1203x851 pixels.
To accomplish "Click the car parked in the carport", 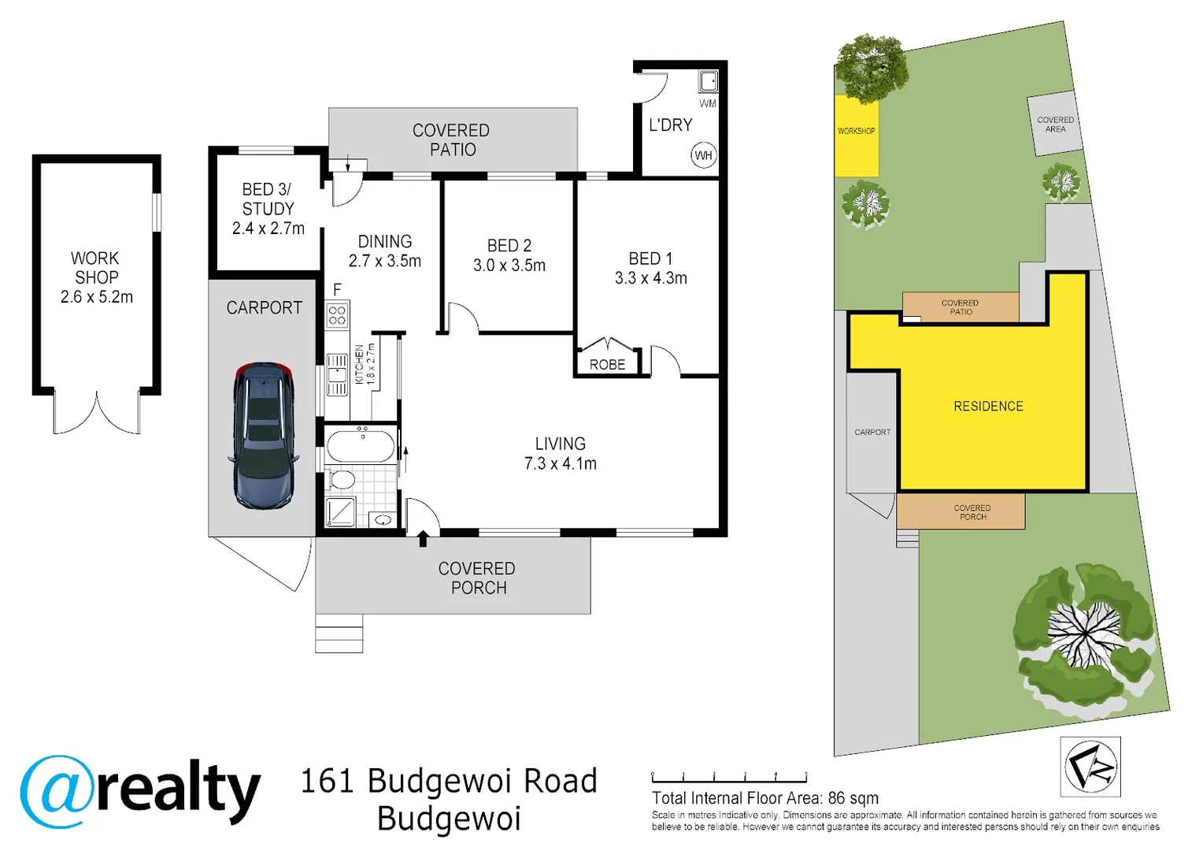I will click(264, 436).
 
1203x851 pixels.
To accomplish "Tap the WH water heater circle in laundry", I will click(703, 155).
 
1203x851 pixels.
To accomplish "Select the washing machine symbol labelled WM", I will click(708, 81).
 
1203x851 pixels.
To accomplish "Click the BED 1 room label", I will click(650, 269).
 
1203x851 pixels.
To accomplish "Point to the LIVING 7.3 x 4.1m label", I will click(560, 454).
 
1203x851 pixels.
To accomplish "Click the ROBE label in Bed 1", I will click(607, 365).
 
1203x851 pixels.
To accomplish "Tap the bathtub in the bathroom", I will click(360, 447).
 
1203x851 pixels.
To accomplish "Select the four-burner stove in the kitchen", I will click(337, 315).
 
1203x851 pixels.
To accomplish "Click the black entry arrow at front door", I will click(423, 539).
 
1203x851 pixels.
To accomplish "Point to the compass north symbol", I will click(1090, 766).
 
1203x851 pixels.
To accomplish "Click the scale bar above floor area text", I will click(729, 778).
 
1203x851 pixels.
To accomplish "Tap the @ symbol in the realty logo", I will click(57, 791).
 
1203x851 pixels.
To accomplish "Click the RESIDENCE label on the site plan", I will click(988, 407).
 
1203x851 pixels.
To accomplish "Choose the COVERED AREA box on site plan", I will click(1054, 124).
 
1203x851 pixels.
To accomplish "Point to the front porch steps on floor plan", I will click(339, 634).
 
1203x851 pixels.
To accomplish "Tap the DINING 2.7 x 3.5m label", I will click(384, 251).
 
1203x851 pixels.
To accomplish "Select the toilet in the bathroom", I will click(342, 479).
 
